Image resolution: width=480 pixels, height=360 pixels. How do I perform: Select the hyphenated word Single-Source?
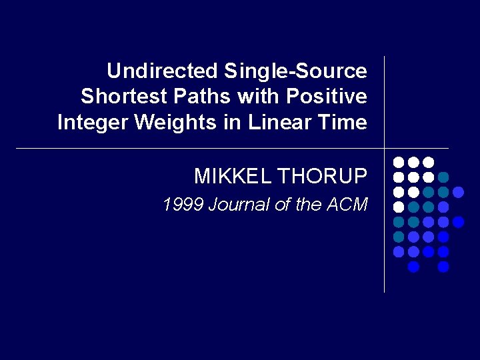click(295, 71)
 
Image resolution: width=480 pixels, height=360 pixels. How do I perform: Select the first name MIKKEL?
click(232, 176)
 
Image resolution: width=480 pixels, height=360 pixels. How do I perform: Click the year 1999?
click(183, 205)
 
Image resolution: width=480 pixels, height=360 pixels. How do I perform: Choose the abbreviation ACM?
click(347, 205)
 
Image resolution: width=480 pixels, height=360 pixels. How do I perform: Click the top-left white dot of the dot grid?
click(398, 162)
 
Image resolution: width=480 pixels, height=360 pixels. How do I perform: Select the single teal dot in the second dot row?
click(444, 177)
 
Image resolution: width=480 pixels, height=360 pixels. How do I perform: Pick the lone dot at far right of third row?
click(459, 192)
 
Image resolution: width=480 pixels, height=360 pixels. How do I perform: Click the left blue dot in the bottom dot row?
click(413, 267)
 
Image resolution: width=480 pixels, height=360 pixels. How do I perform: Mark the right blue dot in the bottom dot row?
click(444, 267)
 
